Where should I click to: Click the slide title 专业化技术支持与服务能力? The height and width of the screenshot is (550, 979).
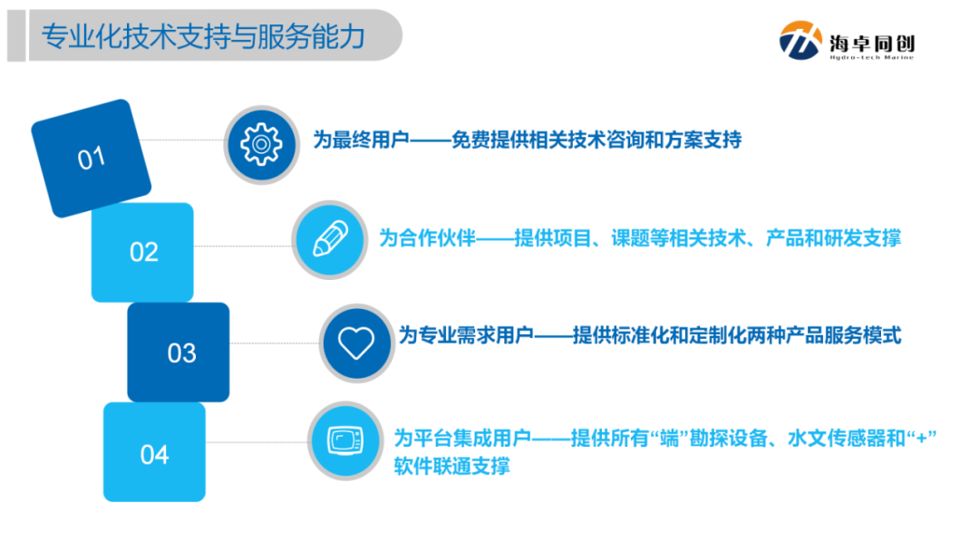tap(204, 37)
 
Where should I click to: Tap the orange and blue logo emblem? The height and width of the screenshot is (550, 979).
tap(800, 41)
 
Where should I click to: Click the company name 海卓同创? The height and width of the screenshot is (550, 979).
tap(872, 39)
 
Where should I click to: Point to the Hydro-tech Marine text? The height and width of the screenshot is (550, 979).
tap(871, 58)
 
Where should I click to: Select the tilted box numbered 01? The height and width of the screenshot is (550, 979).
tap(92, 159)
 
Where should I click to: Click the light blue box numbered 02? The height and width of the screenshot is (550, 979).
tap(143, 252)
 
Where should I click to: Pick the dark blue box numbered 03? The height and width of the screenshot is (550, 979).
tap(180, 352)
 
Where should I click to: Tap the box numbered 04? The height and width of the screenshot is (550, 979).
tap(154, 453)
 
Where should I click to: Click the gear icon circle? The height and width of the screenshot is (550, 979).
tap(261, 141)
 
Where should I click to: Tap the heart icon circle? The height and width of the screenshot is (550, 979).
tap(356, 342)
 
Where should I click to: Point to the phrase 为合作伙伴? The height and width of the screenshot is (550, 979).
tap(427, 239)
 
